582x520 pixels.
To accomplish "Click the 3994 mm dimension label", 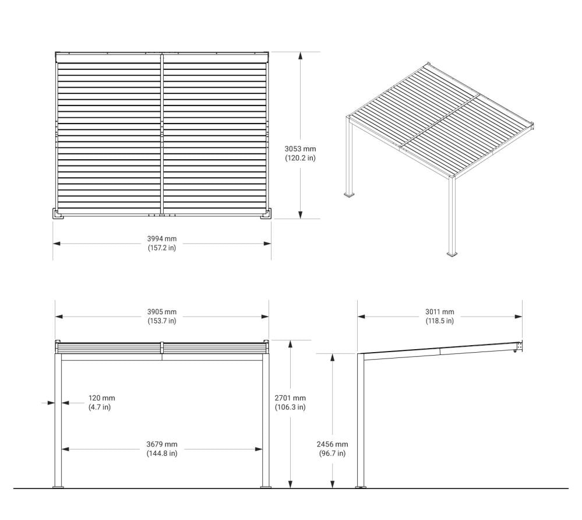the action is coord(162,239).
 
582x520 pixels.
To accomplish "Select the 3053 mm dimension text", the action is coord(300,149).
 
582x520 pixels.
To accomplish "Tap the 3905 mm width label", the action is coord(162,312).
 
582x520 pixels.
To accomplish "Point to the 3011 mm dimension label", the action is coord(440,312).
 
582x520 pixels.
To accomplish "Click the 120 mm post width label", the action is coord(102,398).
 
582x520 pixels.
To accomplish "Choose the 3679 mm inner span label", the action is coord(162,444).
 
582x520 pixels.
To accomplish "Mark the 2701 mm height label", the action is coord(290,398).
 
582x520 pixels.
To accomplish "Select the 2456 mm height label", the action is coord(332,444).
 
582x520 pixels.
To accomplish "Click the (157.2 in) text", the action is coord(162,248).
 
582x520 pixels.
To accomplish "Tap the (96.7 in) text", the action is coord(332,454).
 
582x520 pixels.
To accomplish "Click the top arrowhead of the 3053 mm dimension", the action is coord(300,56).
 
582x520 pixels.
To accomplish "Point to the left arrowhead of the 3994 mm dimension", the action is coord(57,244).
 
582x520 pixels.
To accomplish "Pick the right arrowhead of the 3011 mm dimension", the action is coord(518,317).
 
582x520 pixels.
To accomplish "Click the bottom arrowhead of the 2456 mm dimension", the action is coord(333,484).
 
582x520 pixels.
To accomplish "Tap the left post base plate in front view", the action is coord(58,487).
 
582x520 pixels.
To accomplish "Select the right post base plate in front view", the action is coord(266,487).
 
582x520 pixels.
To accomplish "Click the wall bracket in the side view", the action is coord(519,347).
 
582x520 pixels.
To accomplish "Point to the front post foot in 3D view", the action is coord(452,255).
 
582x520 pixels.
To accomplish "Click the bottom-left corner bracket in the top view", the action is coord(58,214).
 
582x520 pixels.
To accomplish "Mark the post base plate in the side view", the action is coord(361,487).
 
